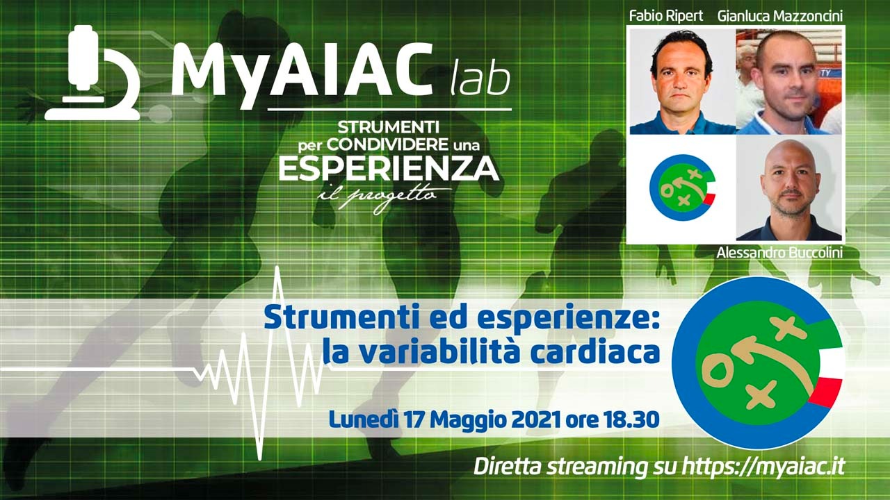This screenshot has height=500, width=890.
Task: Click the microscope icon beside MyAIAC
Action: pos(92,73)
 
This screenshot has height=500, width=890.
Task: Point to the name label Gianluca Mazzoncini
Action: pos(781,15)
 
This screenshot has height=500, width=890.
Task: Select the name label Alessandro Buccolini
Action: pos(779,253)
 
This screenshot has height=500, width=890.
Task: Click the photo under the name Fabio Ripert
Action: pos(682,81)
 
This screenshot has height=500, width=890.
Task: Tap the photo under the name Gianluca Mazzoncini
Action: pos(788,81)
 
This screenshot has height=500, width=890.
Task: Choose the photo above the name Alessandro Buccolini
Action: pos(788,189)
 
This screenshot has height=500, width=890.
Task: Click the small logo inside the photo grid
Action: pos(681,187)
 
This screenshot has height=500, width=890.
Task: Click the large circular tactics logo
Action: pos(758,362)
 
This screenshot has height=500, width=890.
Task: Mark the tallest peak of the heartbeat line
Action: pos(278,269)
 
